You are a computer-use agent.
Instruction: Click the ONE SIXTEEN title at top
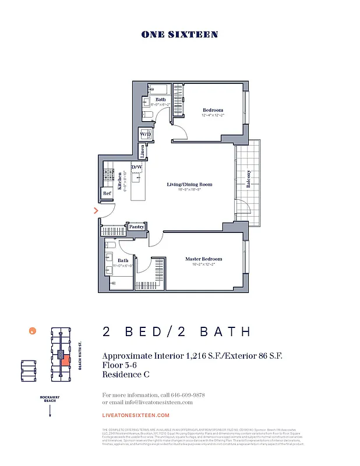pyautogui.click(x=179, y=34)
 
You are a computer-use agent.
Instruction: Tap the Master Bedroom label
pyautogui.click(x=203, y=259)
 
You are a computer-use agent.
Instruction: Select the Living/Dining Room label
pyautogui.click(x=189, y=185)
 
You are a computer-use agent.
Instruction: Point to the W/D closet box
pyautogui.click(x=145, y=134)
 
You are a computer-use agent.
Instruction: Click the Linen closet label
pyautogui.click(x=143, y=151)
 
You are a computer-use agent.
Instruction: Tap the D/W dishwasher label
pyautogui.click(x=137, y=168)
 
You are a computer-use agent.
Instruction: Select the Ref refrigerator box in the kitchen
pyautogui.click(x=107, y=193)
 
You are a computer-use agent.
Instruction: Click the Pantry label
pyautogui.click(x=136, y=227)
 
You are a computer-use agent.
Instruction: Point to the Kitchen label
pyautogui.click(x=120, y=182)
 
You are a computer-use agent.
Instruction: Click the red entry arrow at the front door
pyautogui.click(x=96, y=211)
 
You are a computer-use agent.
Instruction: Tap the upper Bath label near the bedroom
pyautogui.click(x=160, y=100)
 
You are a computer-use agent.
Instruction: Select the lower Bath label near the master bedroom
pyautogui.click(x=123, y=260)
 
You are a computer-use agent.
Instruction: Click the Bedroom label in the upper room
pyautogui.click(x=213, y=110)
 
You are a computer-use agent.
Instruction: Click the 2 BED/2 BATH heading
pyautogui.click(x=177, y=332)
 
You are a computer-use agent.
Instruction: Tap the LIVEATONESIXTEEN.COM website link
pyautogui.click(x=136, y=415)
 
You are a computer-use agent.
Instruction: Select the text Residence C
pyautogui.click(x=126, y=375)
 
